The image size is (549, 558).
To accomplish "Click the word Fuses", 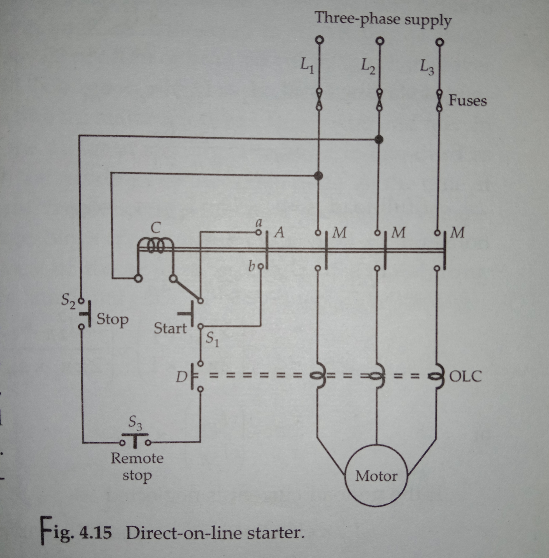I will click(467, 101).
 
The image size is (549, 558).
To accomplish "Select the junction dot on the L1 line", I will click(318, 175).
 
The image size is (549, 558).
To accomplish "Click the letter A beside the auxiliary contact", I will click(279, 232).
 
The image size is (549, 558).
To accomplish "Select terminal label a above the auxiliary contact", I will click(259, 223).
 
